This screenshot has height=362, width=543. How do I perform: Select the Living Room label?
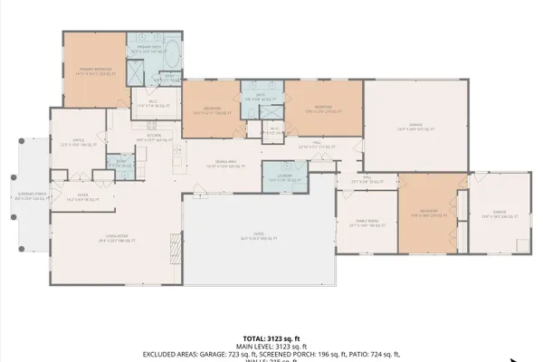[x=110, y=239]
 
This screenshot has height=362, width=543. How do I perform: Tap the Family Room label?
[x=366, y=225]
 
